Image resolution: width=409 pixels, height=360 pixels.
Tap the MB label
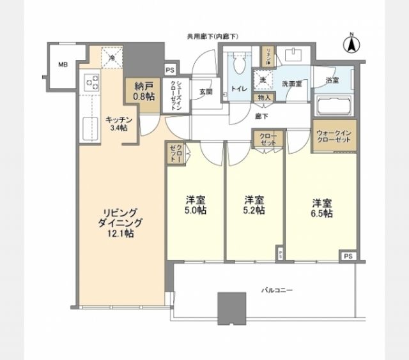[63, 64]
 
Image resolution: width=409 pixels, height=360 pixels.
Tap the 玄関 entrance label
[205, 92]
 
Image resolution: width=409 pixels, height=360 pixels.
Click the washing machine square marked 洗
[263, 80]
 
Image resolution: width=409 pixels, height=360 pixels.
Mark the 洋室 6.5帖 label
[321, 208]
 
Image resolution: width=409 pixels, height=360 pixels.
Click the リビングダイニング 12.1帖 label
[120, 223]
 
